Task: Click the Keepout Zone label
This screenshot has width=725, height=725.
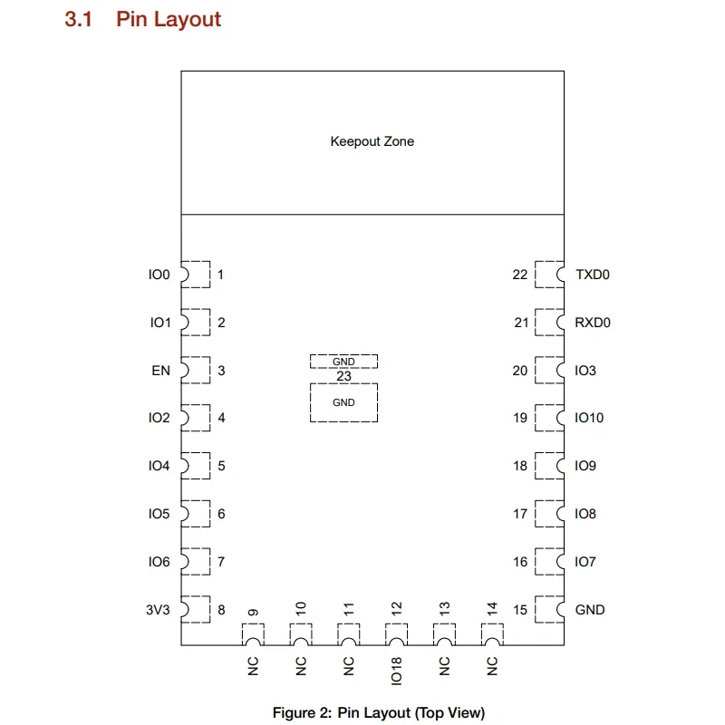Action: pyautogui.click(x=372, y=141)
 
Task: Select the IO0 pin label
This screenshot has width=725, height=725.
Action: pyautogui.click(x=159, y=275)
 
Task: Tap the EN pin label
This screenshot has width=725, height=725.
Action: pyautogui.click(x=160, y=371)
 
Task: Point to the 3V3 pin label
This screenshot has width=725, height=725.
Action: pyautogui.click(x=158, y=610)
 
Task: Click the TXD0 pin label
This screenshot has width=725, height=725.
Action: pyautogui.click(x=593, y=275)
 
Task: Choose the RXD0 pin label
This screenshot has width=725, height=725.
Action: pyautogui.click(x=593, y=323)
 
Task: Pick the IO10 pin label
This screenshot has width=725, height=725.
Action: pyautogui.click(x=589, y=419)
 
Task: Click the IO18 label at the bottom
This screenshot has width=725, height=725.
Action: pyautogui.click(x=396, y=668)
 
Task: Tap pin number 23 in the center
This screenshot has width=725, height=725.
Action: pyautogui.click(x=343, y=376)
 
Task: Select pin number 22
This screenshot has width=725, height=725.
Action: pyautogui.click(x=519, y=275)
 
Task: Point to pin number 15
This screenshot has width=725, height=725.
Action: pyautogui.click(x=519, y=610)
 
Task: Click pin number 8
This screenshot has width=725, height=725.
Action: pyautogui.click(x=221, y=610)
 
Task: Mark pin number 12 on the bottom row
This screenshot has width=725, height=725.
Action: pyautogui.click(x=395, y=609)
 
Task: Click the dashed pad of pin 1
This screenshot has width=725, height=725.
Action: pyautogui.click(x=197, y=274)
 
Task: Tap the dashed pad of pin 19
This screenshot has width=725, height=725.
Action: pyautogui.click(x=548, y=418)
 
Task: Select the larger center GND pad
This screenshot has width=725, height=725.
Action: pyautogui.click(x=343, y=402)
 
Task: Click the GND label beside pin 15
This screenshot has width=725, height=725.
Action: pyautogui.click(x=590, y=610)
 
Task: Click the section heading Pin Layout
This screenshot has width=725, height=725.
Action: pyautogui.click(x=168, y=19)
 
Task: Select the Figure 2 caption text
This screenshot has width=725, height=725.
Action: pyautogui.click(x=379, y=712)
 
